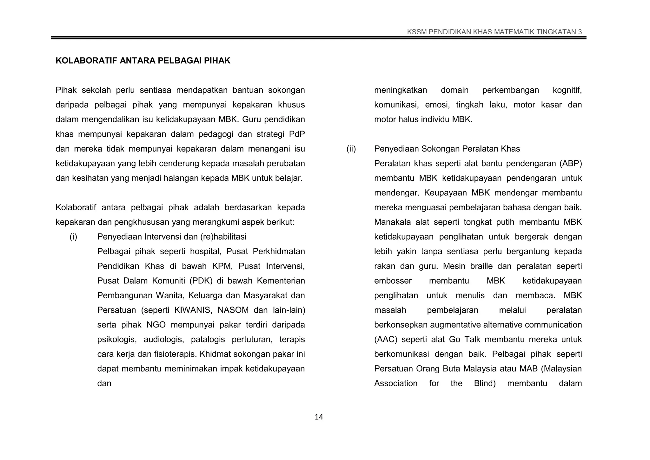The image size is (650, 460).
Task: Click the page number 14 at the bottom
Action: pyautogui.click(x=319, y=417)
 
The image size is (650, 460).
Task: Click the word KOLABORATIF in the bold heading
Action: pyautogui.click(x=86, y=61)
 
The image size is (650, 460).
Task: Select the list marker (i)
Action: pyautogui.click(x=73, y=237)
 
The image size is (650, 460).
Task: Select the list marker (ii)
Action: pyautogui.click(x=351, y=149)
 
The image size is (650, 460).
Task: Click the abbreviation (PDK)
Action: pyautogui.click(x=202, y=281)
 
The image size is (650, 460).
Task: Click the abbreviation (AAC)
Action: pyautogui.click(x=385, y=340)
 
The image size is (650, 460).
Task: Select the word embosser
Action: pyautogui.click(x=393, y=281)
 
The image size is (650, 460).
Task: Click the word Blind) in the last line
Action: pyautogui.click(x=485, y=383)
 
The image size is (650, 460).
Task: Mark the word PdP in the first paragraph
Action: pyautogui.click(x=297, y=134)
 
